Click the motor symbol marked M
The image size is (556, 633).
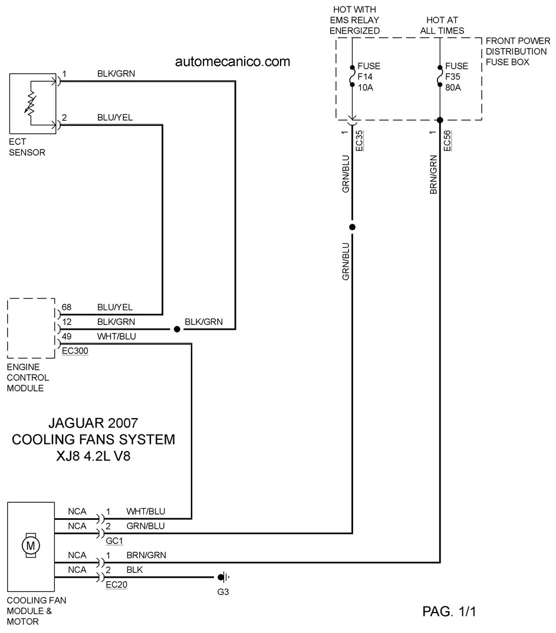pyautogui.click(x=31, y=546)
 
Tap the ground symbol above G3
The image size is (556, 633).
pyautogui.click(x=223, y=577)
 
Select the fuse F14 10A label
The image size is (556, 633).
pyautogui.click(x=369, y=77)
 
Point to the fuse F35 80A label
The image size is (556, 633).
pyautogui.click(x=456, y=77)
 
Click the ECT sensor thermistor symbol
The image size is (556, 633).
pyautogui.click(x=31, y=104)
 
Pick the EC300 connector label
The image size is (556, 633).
pyautogui.click(x=75, y=351)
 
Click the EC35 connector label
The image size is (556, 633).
pyautogui.click(x=359, y=141)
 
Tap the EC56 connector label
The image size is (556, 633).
pyautogui.click(x=447, y=141)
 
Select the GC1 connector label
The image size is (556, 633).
pyautogui.click(x=114, y=541)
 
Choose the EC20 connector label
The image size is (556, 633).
pyautogui.click(x=117, y=585)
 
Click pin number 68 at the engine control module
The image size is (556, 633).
pyautogui.click(x=67, y=307)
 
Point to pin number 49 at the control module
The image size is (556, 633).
pyautogui.click(x=67, y=336)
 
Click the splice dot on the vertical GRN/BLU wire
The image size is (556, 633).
pyautogui.click(x=352, y=227)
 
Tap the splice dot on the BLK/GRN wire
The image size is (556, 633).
pyautogui.click(x=177, y=329)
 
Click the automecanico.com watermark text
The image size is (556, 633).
pyautogui.click(x=232, y=62)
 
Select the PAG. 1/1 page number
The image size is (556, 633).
pyautogui.click(x=449, y=611)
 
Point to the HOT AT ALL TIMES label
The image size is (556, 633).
pyautogui.click(x=442, y=25)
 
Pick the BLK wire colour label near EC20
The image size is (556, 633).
pyautogui.click(x=134, y=569)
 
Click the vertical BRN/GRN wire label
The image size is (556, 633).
pyautogui.click(x=433, y=174)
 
